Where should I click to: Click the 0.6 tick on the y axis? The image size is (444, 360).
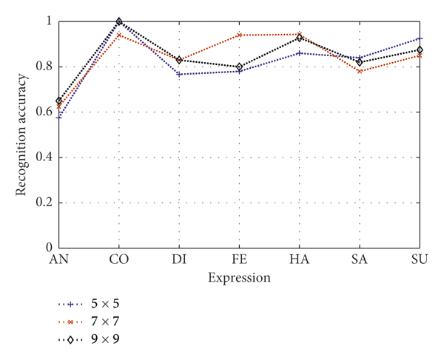44,112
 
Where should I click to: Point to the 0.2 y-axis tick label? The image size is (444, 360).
44,203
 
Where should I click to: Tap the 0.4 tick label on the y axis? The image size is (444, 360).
44,157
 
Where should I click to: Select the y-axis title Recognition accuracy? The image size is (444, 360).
24,135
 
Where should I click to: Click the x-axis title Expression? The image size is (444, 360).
239,278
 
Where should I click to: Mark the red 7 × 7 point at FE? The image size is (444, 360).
239,35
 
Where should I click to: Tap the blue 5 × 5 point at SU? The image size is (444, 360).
420,38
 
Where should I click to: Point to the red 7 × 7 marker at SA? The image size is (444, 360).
360,71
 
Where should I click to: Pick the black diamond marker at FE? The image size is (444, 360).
239,67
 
